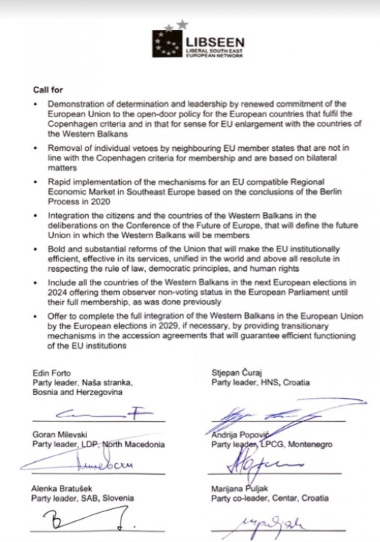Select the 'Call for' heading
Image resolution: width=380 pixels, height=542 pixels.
[47, 90]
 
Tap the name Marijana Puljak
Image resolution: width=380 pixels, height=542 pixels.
[237, 488]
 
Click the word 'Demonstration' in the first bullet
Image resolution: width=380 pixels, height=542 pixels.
[71, 104]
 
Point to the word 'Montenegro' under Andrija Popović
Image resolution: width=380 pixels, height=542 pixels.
[311, 444]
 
